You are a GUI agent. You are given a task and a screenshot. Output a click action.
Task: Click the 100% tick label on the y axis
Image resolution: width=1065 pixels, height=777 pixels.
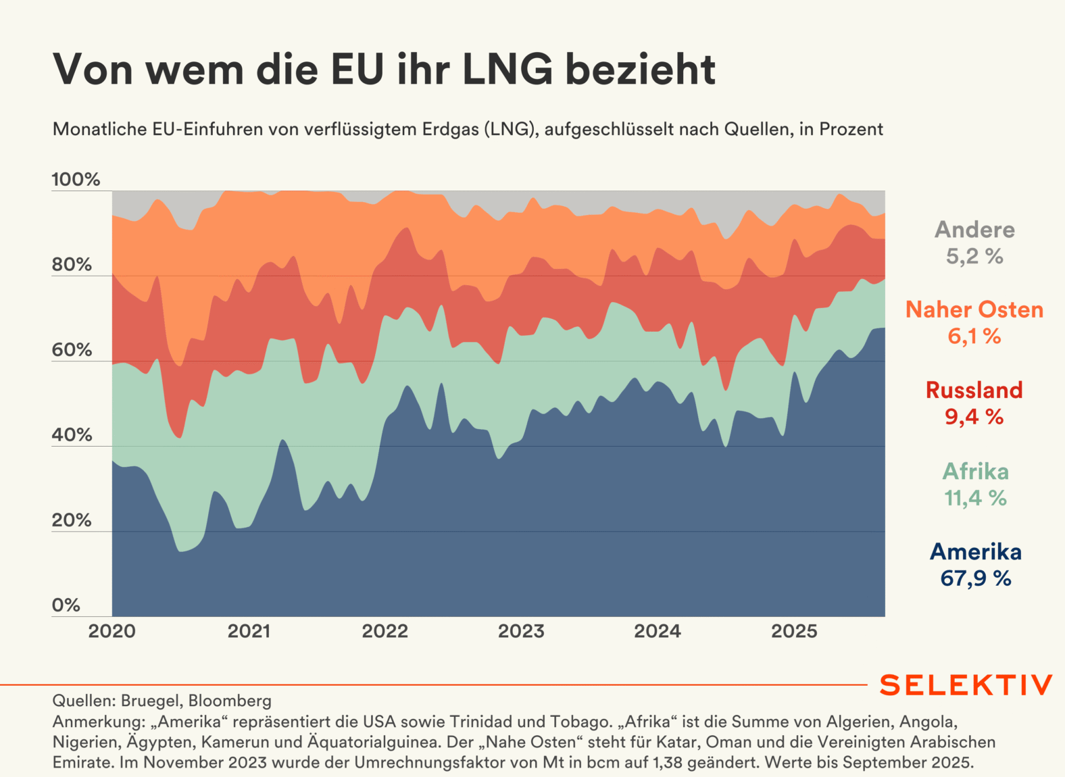[x=76, y=180]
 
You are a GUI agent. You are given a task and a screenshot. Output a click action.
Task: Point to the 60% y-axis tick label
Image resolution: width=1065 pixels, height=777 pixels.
[x=72, y=350]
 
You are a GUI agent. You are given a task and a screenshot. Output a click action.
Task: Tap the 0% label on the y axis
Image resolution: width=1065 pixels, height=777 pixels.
[x=66, y=605]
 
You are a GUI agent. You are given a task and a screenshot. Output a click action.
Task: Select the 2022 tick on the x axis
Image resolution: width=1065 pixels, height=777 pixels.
[x=385, y=632]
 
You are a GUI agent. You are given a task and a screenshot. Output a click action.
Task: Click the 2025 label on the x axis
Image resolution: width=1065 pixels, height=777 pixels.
[x=794, y=632]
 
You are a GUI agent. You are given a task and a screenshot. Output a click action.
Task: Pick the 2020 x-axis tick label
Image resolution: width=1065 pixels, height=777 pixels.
[x=112, y=632]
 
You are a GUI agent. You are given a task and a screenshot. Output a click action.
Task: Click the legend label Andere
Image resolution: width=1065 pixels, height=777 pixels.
[x=974, y=230]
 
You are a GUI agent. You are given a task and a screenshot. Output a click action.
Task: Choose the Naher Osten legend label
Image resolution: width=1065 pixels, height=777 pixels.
[x=974, y=310]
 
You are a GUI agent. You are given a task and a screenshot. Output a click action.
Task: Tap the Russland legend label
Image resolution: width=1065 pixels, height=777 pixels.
[x=974, y=391]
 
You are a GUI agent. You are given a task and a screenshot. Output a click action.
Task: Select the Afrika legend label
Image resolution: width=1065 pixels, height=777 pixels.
[x=975, y=471]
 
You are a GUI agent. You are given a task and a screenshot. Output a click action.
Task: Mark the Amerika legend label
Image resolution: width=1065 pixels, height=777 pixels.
[x=975, y=552]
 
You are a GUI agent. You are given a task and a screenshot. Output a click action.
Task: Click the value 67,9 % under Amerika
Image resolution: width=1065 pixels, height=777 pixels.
[x=975, y=579]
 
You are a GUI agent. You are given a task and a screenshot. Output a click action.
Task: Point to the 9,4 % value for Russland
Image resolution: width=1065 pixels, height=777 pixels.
[x=974, y=418]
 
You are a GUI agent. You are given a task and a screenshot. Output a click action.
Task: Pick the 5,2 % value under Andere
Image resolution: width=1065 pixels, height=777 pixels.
[x=974, y=257]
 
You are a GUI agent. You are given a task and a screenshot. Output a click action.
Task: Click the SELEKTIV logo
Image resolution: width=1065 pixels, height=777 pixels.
[x=966, y=685]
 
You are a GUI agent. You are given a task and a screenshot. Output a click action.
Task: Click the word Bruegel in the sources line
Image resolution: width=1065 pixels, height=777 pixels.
[x=149, y=701]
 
